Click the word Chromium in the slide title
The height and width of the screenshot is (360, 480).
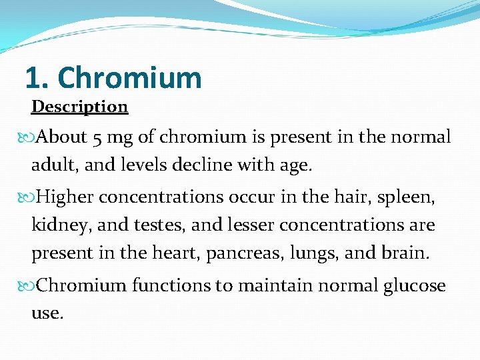coord(129,78)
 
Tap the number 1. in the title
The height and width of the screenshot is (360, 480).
coord(36,78)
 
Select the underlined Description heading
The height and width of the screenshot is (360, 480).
coord(79,107)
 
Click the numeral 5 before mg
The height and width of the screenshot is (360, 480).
coord(97,138)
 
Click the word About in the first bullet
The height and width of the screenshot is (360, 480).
coord(62,137)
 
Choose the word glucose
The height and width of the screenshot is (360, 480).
coord(414,286)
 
